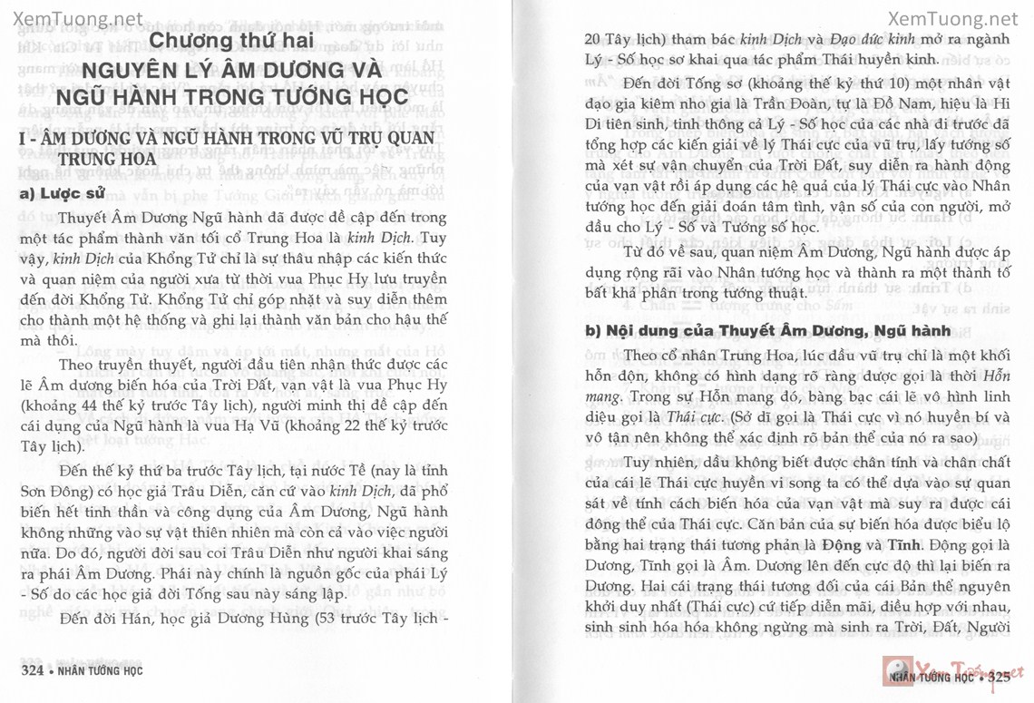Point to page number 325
coord(999,677)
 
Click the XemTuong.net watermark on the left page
coord(74,18)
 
